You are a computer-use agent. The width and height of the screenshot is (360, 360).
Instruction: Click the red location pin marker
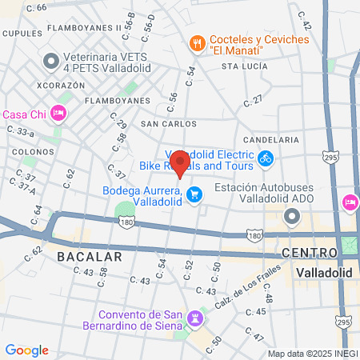point(180,163)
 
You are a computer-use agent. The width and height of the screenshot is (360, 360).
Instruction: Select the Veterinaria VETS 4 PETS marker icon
point(51,61)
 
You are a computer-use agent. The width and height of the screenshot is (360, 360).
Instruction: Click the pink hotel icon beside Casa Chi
point(58,114)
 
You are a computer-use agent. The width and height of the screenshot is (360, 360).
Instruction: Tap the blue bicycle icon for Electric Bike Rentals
point(266,159)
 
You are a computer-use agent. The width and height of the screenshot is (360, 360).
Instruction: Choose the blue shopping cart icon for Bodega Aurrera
point(194,194)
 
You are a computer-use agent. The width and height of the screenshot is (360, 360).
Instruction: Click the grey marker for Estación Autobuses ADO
point(293,216)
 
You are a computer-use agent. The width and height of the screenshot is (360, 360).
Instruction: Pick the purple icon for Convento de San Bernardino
point(194,318)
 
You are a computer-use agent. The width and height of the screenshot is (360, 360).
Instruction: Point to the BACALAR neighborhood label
point(89,257)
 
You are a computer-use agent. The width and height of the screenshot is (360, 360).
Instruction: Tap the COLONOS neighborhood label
point(33,150)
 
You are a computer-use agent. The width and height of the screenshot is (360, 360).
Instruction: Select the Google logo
point(27,350)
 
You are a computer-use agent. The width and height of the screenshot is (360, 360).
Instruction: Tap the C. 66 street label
point(36,6)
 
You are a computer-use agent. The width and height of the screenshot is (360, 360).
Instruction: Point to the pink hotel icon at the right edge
point(350,202)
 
